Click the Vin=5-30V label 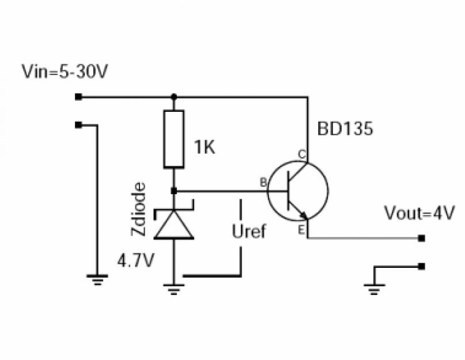65,71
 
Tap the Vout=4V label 419,213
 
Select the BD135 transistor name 345,128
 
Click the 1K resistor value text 205,147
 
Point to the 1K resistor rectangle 174,139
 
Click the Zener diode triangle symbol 174,224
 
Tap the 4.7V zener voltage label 136,261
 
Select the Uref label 249,232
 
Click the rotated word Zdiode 138,209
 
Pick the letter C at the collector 302,154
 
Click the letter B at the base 263,183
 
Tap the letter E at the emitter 301,230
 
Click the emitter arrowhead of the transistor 304,215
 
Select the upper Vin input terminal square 78,97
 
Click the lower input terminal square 78,125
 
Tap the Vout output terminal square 421,238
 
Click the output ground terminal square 421,266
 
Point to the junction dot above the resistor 174,97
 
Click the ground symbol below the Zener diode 174,289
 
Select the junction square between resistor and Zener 174,191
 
